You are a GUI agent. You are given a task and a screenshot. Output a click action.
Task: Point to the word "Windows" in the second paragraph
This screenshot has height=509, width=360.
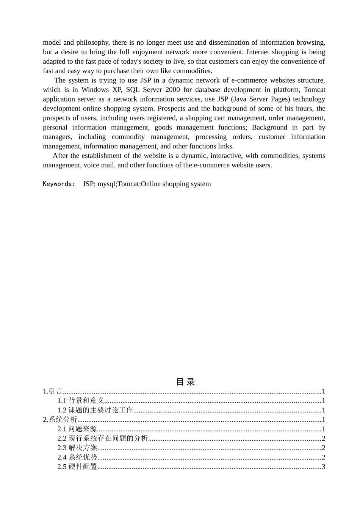(95, 90)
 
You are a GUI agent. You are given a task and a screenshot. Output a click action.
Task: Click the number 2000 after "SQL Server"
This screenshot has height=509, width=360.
(172, 90)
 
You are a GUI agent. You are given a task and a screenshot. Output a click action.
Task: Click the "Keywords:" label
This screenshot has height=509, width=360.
(59, 184)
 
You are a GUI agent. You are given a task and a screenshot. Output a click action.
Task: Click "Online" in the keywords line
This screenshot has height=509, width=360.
(151, 184)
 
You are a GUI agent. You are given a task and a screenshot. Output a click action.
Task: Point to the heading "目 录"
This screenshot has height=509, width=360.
(185, 382)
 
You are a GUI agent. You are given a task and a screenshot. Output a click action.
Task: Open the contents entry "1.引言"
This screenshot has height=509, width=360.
(53, 392)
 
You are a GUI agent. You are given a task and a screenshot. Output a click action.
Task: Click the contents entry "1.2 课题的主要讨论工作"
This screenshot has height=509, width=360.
(95, 410)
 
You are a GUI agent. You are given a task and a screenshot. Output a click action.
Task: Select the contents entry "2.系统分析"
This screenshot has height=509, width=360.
(60, 420)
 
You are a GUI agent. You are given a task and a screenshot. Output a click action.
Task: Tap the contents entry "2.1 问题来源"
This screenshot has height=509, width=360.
(77, 429)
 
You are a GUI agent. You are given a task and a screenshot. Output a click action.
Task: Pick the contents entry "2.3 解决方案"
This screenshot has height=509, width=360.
(77, 448)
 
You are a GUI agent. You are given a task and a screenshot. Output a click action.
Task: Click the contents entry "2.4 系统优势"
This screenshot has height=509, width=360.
(77, 457)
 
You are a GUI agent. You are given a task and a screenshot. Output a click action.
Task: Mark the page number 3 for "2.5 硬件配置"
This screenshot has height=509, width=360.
(323, 467)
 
